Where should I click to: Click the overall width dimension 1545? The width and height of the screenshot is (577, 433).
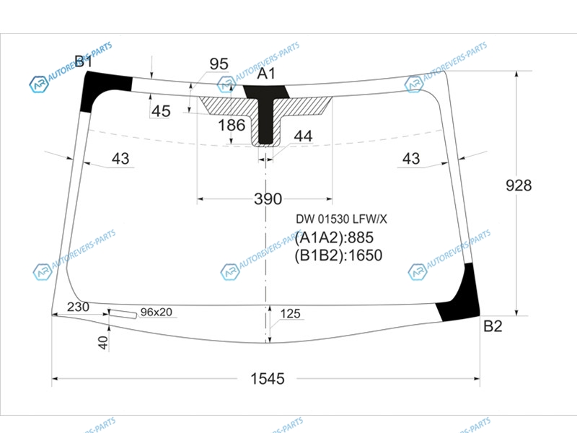click(268, 378)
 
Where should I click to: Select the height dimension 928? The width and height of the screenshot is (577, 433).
click(519, 185)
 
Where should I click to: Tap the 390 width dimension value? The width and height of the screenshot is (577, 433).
click(268, 199)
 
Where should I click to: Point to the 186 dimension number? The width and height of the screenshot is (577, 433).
click(232, 125)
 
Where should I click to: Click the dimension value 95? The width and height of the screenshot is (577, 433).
click(219, 64)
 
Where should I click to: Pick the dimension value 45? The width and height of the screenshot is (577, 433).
click(161, 111)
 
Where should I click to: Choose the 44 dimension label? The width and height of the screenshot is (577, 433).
click(303, 136)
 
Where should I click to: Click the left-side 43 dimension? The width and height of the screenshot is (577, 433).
click(120, 159)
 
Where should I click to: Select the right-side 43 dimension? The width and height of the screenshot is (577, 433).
click(411, 159)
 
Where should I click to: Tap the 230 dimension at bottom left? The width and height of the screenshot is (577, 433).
click(78, 307)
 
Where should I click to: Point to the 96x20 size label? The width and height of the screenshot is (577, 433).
click(156, 312)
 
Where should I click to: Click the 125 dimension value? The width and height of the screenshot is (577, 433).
click(291, 314)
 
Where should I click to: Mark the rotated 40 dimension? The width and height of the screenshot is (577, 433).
click(103, 343)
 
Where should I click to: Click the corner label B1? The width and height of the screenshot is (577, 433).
click(84, 61)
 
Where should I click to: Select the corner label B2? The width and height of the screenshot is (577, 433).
click(493, 326)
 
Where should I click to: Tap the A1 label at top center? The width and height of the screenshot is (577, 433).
click(265, 74)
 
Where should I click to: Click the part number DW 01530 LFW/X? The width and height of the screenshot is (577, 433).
click(341, 219)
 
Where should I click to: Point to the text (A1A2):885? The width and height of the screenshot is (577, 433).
click(334, 237)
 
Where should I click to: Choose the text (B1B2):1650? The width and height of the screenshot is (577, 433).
click(338, 255)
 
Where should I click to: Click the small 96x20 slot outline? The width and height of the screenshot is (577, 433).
click(123, 314)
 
